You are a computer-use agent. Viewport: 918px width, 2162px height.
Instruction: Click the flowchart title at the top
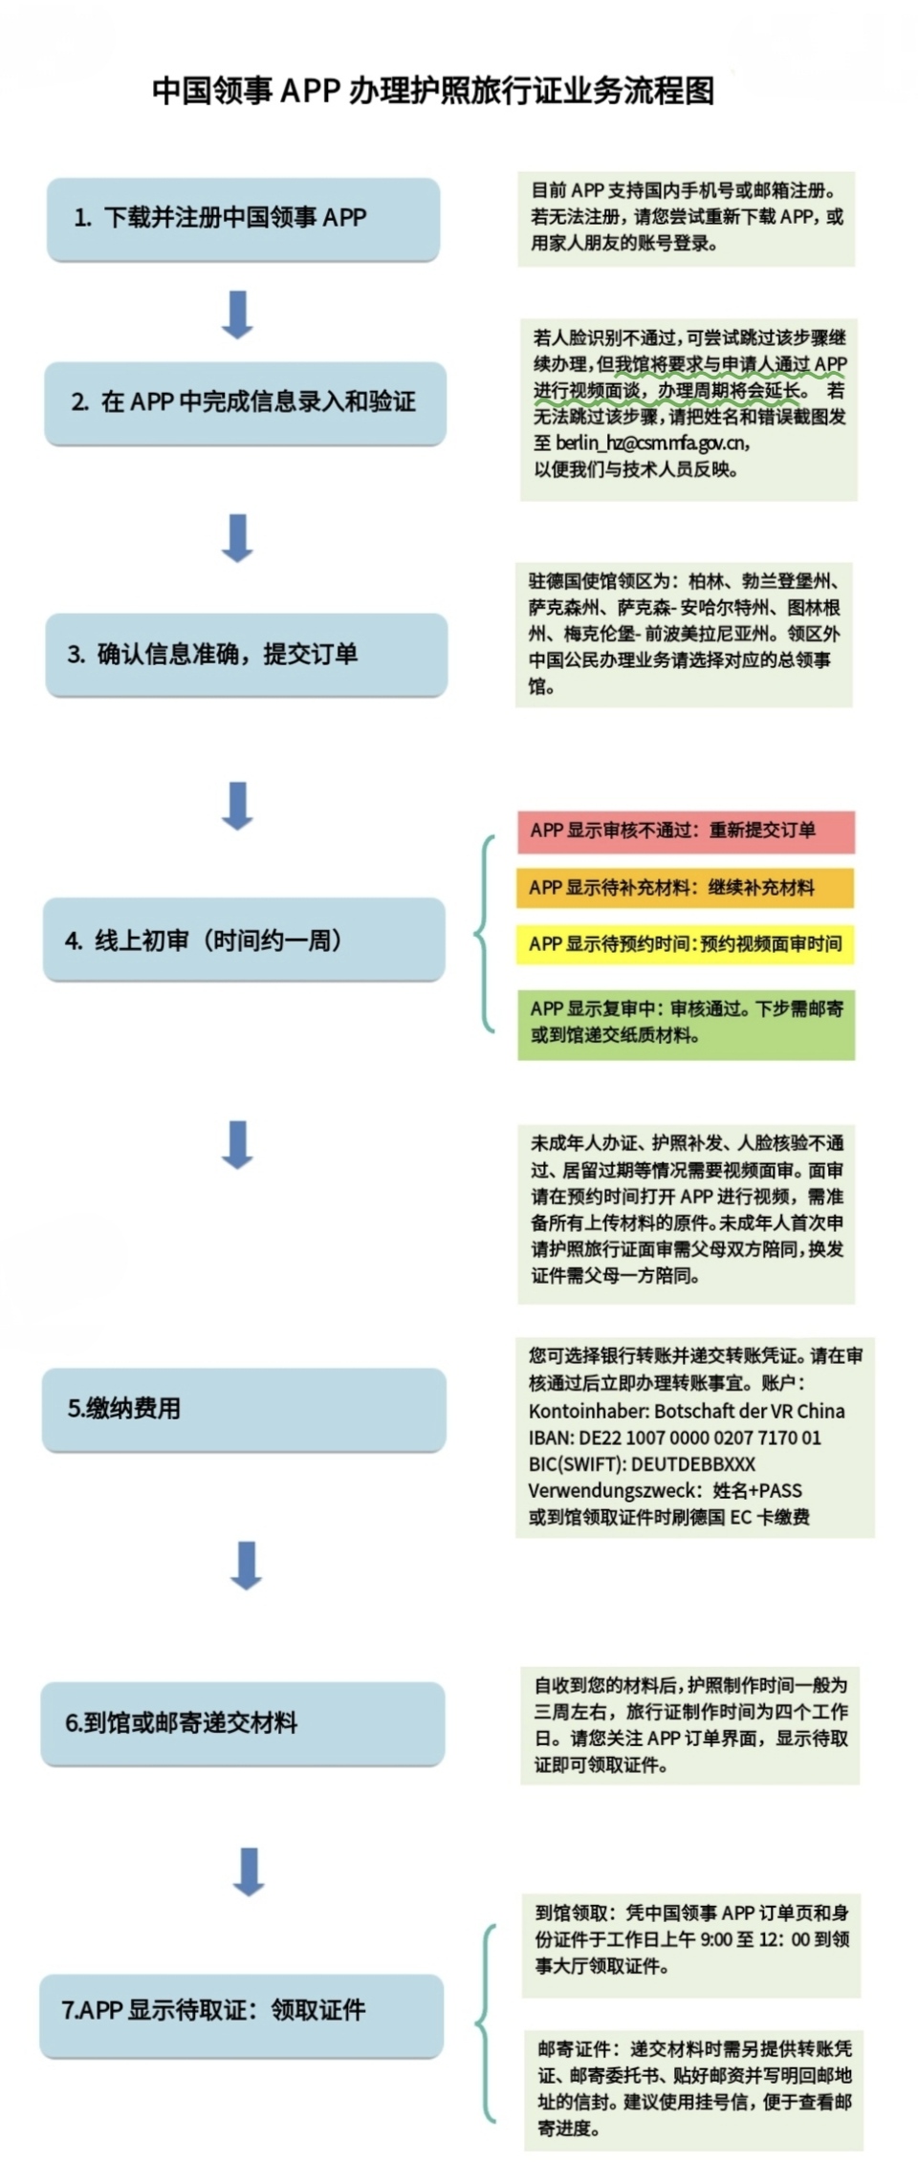click(x=433, y=91)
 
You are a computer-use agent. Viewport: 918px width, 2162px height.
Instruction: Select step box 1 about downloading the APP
click(x=243, y=219)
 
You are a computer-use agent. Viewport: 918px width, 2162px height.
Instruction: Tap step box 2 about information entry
click(x=245, y=403)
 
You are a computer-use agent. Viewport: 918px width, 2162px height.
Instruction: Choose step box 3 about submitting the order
click(x=246, y=655)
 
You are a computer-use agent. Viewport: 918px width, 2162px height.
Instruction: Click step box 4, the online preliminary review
click(x=244, y=940)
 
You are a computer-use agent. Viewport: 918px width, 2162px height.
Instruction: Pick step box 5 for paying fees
click(x=244, y=1410)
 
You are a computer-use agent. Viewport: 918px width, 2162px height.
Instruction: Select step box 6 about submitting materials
click(x=242, y=1723)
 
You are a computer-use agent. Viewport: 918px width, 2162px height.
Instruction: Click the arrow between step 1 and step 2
click(x=237, y=314)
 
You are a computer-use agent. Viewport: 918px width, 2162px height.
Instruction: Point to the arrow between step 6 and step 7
click(x=249, y=1871)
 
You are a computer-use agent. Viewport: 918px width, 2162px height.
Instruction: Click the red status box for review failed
click(x=686, y=832)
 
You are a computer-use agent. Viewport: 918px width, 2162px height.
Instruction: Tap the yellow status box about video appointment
click(x=685, y=944)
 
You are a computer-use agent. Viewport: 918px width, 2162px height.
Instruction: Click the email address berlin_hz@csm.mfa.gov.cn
click(x=653, y=443)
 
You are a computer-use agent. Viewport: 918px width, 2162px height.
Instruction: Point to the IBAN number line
click(x=675, y=1438)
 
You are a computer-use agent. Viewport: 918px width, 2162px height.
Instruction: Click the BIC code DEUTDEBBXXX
click(x=693, y=1464)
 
